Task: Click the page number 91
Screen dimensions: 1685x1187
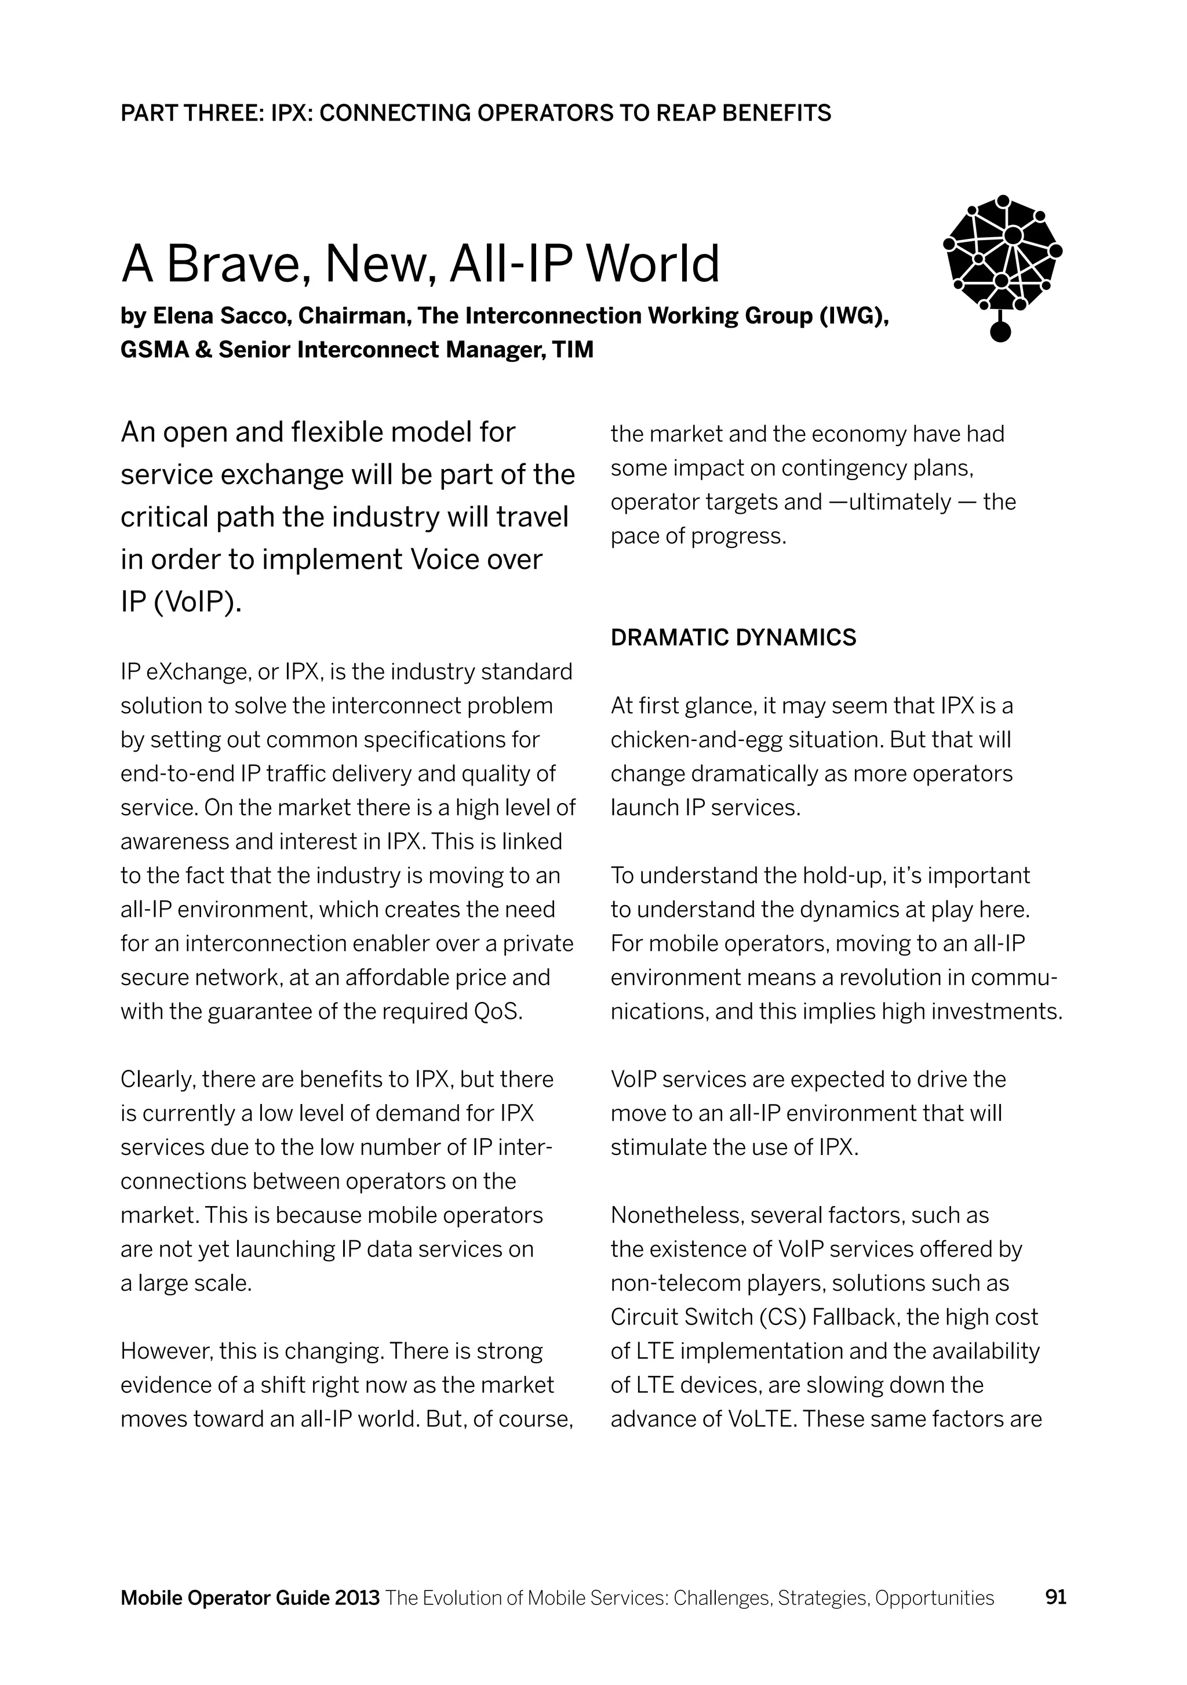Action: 1055,1597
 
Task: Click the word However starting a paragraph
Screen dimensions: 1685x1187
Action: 166,1351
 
